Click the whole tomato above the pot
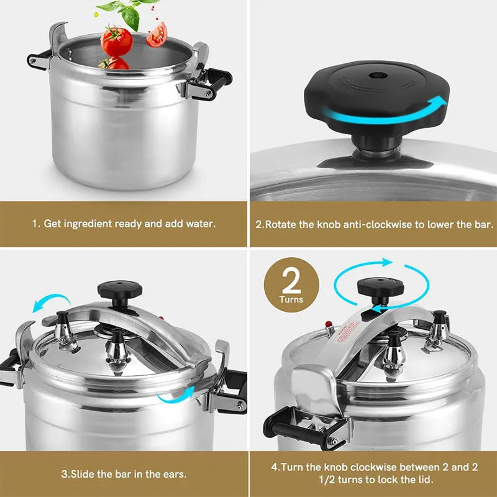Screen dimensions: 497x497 pos(117,41)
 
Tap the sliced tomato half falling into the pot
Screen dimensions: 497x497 pos(157,34)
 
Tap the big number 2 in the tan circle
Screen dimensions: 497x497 pos(291,281)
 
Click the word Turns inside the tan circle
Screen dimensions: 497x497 pos(291,299)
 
